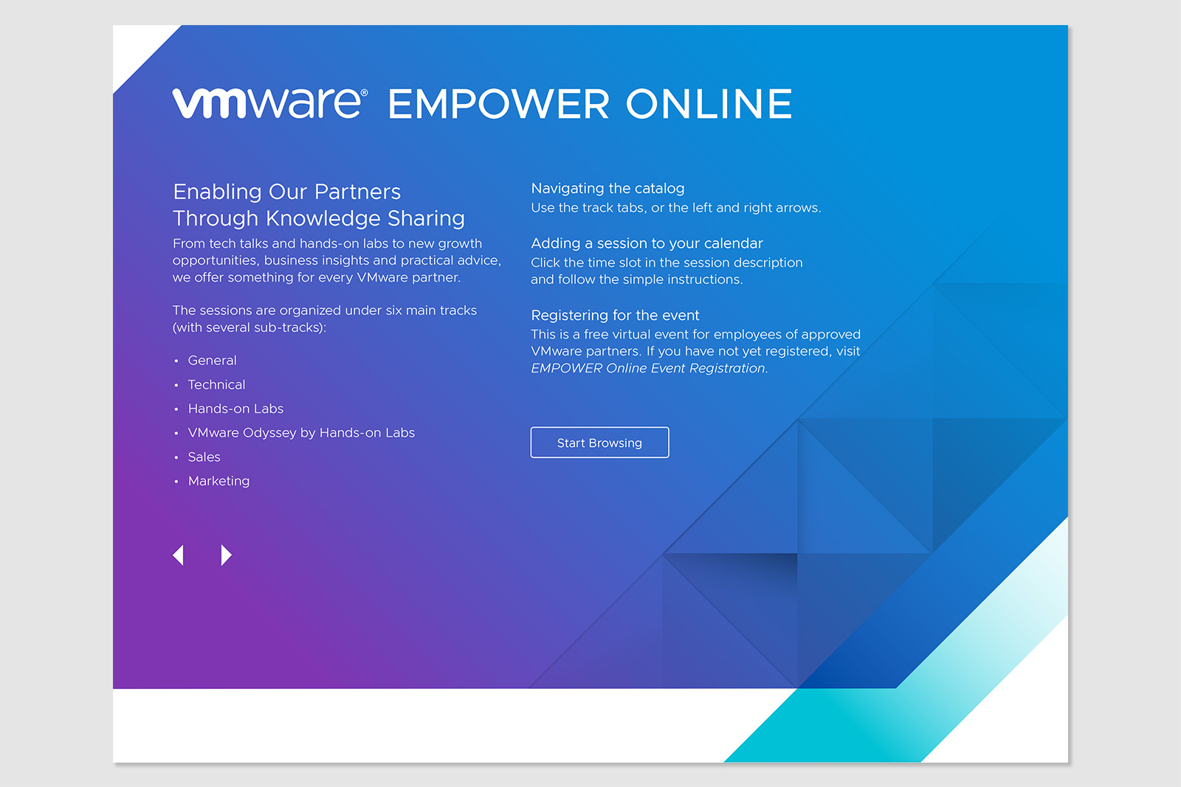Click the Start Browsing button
click(599, 443)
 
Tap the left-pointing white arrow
click(178, 555)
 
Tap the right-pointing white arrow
click(226, 555)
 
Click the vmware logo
click(266, 103)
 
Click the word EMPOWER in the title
click(499, 104)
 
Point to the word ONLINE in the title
click(709, 104)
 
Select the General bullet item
click(212, 361)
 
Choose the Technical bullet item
click(216, 385)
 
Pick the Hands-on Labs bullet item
click(235, 409)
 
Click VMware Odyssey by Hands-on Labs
click(301, 433)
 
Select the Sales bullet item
click(204, 457)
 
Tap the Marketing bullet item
click(218, 481)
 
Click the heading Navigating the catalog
click(607, 189)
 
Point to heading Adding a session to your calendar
click(647, 243)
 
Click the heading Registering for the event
click(615, 316)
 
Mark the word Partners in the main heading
click(357, 192)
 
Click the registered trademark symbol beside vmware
click(364, 93)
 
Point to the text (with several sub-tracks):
click(249, 327)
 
